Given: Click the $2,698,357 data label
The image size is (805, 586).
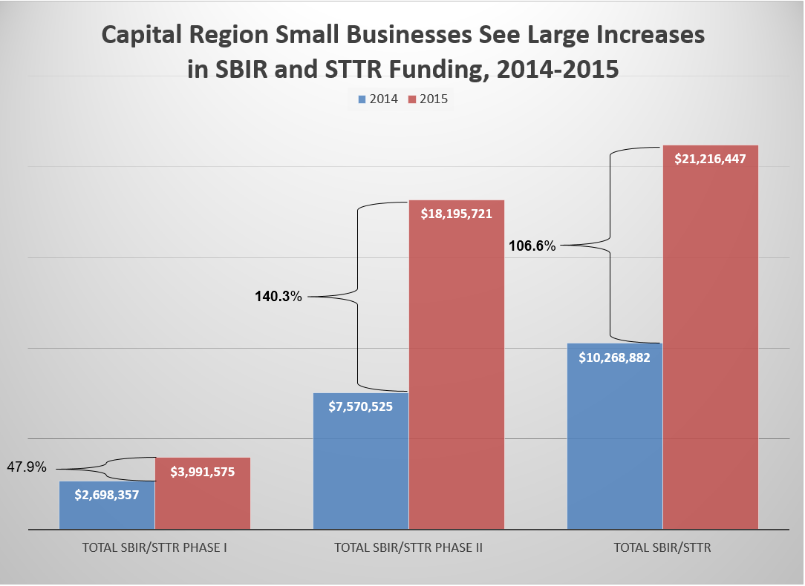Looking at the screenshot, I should (107, 494).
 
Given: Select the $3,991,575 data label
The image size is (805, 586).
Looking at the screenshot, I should (203, 472).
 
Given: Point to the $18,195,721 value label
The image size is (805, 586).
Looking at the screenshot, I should (457, 213).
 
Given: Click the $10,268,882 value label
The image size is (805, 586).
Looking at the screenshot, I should (614, 358).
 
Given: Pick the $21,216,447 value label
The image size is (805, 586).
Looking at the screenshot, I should (710, 158).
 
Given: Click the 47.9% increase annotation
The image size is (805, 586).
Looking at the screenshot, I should (27, 468).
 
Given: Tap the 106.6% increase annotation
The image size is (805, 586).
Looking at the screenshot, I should (532, 246).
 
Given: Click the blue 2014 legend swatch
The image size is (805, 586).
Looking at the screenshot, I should (362, 99).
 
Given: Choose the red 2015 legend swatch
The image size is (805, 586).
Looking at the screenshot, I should (411, 99).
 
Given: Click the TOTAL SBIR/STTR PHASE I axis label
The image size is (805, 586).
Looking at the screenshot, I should (154, 549).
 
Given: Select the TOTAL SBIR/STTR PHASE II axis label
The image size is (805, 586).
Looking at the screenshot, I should (408, 549).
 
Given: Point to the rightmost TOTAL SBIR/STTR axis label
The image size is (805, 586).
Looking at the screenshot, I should (662, 549).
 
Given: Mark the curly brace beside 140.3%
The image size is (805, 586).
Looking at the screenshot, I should (358, 296).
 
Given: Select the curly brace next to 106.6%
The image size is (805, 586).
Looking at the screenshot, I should (610, 245).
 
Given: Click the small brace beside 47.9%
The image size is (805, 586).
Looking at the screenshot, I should (106, 469).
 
